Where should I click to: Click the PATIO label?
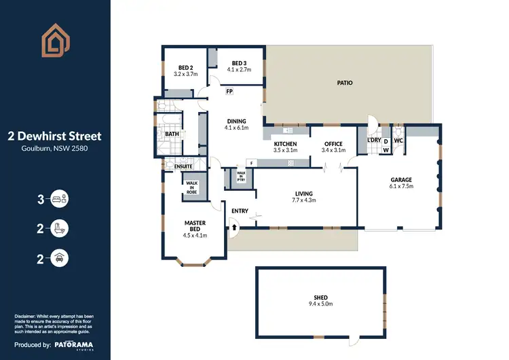pos(345,83)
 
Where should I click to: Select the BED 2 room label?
pos(185,68)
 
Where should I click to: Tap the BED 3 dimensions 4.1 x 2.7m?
pos(238,70)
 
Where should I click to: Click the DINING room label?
pos(236,120)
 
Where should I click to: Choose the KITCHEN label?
pos(285,144)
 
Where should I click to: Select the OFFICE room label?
pos(333,144)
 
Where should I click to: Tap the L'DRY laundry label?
pos(374,140)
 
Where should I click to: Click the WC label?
pos(398,141)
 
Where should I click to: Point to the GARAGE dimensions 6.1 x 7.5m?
pos(401,185)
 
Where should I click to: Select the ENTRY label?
pos(240,211)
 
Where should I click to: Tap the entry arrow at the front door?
pos(235,228)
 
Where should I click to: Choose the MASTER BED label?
pos(195,226)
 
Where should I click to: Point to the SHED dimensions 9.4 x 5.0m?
pos(320,304)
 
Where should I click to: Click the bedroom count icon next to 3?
pos(60,200)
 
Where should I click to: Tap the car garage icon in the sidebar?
pos(60,257)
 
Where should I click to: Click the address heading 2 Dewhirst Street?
pos(54,136)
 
